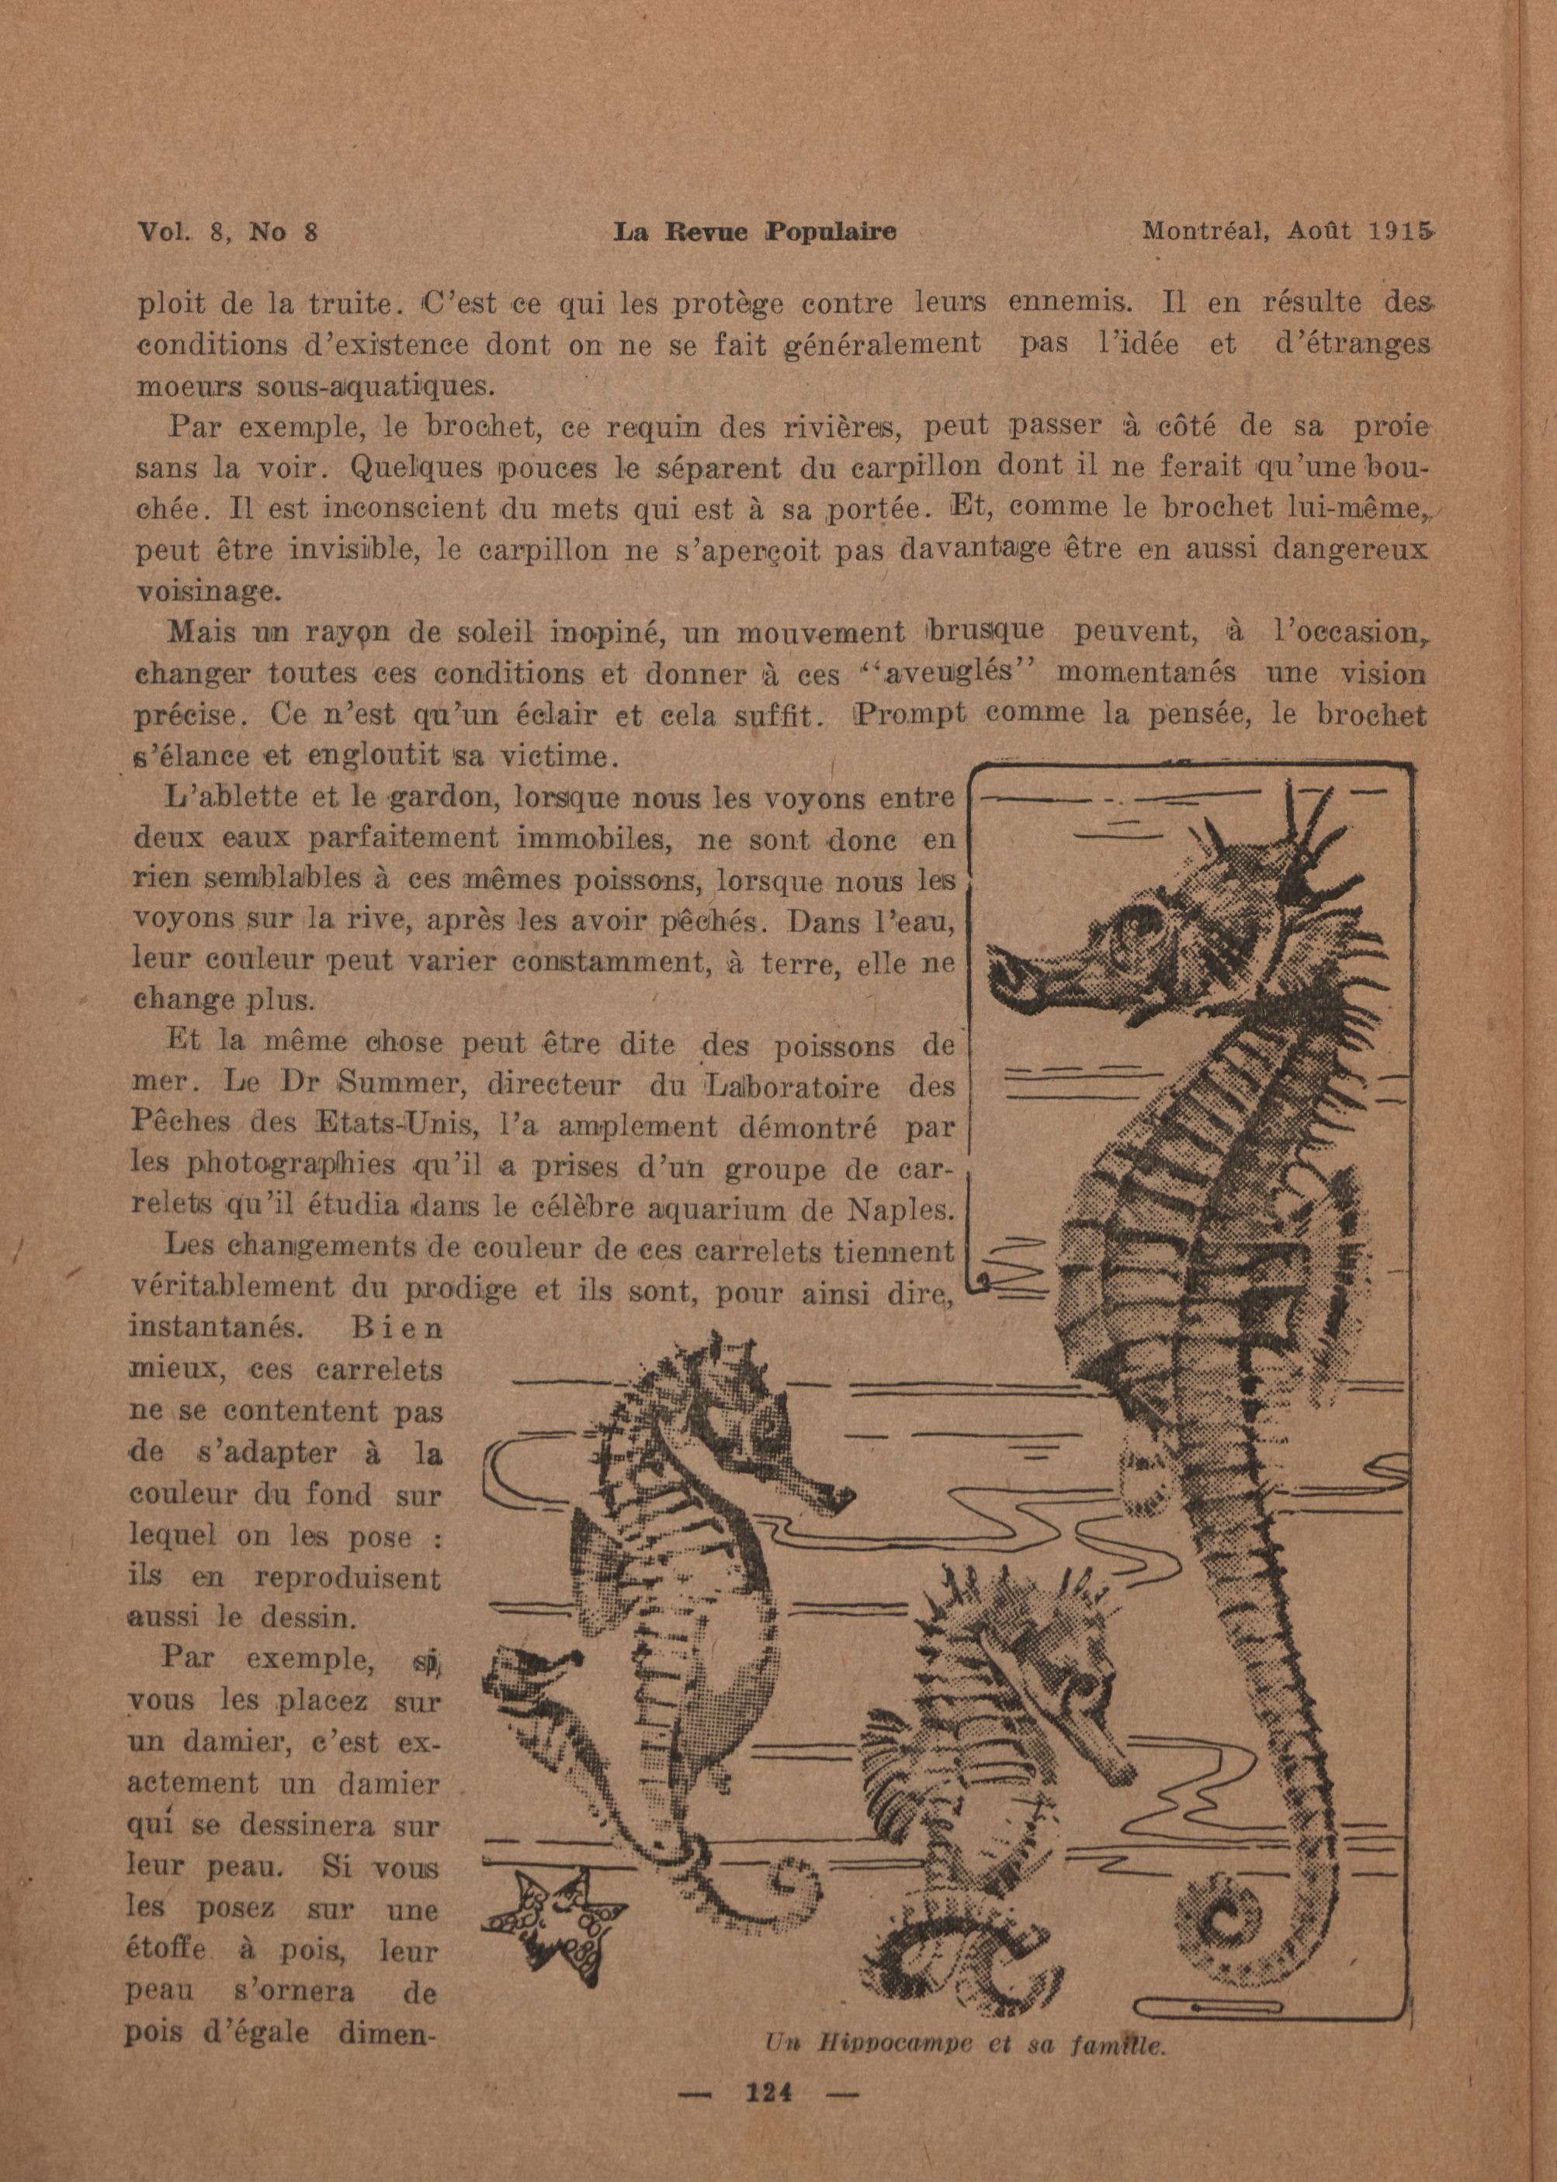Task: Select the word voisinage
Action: click(x=208, y=591)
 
